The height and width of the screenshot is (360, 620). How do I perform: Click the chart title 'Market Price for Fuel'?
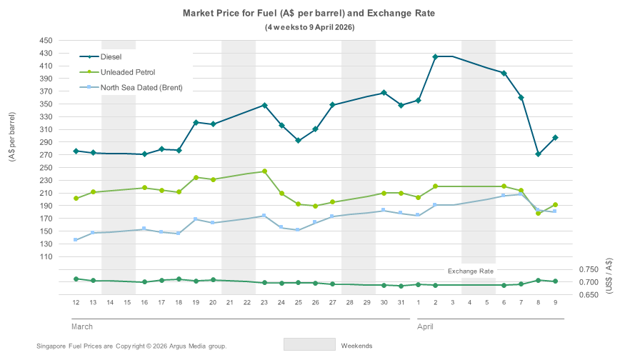pyautogui.click(x=309, y=14)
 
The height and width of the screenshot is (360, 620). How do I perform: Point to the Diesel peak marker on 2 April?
pyautogui.click(x=435, y=56)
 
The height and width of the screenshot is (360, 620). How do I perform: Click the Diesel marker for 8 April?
pyautogui.click(x=538, y=154)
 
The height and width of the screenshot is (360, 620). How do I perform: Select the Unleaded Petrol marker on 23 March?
pyautogui.click(x=264, y=171)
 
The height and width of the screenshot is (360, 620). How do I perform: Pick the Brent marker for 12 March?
pyautogui.click(x=76, y=240)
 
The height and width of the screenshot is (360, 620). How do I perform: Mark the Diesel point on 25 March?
pyautogui.click(x=299, y=141)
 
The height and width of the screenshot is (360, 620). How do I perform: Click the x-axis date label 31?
pyautogui.click(x=401, y=303)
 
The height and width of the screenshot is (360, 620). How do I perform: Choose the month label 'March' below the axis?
pyautogui.click(x=81, y=326)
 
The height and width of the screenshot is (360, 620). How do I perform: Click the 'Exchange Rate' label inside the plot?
pyautogui.click(x=470, y=271)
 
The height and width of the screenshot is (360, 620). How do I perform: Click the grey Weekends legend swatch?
pyautogui.click(x=309, y=344)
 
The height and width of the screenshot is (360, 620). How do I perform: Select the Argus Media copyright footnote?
pyautogui.click(x=131, y=346)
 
